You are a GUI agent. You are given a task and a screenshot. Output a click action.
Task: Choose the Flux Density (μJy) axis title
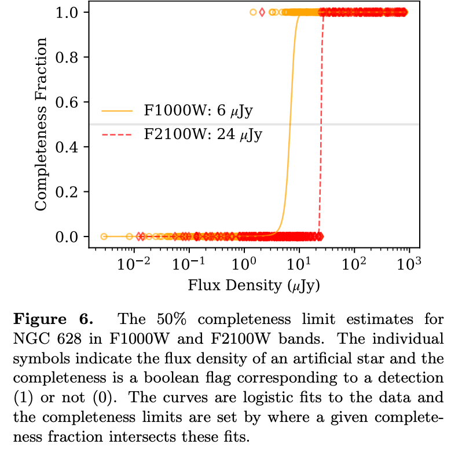(x=254, y=285)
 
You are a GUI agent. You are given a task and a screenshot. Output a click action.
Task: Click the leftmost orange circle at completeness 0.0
(x=104, y=236)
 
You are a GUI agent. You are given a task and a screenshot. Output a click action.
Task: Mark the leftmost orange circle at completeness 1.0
(x=253, y=12)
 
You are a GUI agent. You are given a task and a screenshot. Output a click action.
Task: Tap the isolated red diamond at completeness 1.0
(x=262, y=12)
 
